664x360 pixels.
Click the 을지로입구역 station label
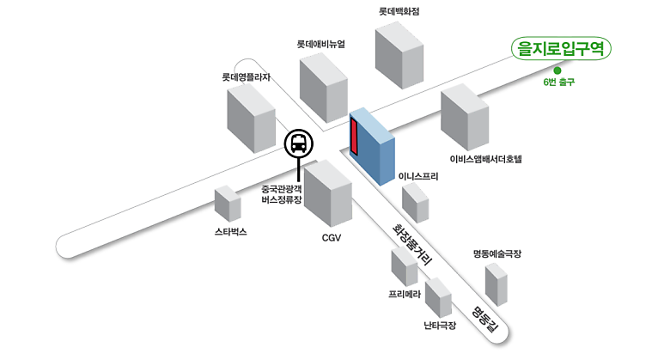(559, 49)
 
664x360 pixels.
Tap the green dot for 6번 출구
(557, 70)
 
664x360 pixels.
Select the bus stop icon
(298, 143)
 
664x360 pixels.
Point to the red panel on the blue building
(353, 137)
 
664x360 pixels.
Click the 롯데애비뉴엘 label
(320, 44)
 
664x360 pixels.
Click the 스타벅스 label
(231, 232)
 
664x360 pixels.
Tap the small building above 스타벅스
(228, 203)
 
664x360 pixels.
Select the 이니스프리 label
(418, 176)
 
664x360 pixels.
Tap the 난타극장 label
(440, 325)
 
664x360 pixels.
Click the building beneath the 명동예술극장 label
(496, 283)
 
